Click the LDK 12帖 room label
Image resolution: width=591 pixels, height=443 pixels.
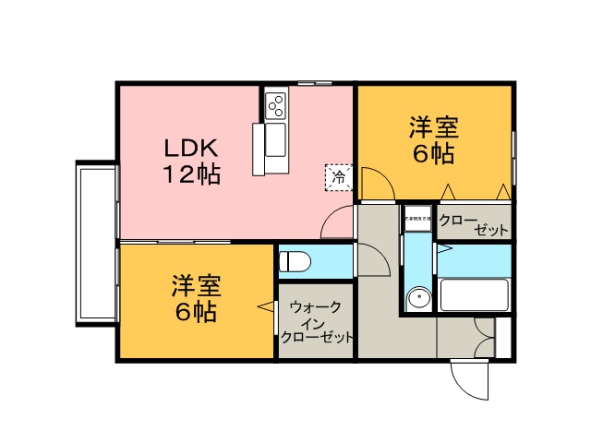pos(191,161)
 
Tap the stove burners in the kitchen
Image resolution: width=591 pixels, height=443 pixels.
pos(276,106)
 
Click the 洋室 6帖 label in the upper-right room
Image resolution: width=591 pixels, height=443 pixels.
pos(433,140)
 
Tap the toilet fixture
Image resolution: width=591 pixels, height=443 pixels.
pos(296,260)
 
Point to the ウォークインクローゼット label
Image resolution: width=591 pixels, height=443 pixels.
pos(316,322)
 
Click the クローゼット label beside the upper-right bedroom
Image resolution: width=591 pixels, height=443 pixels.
pos(472,224)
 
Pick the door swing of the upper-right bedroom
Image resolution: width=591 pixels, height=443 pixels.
pos(376,184)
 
